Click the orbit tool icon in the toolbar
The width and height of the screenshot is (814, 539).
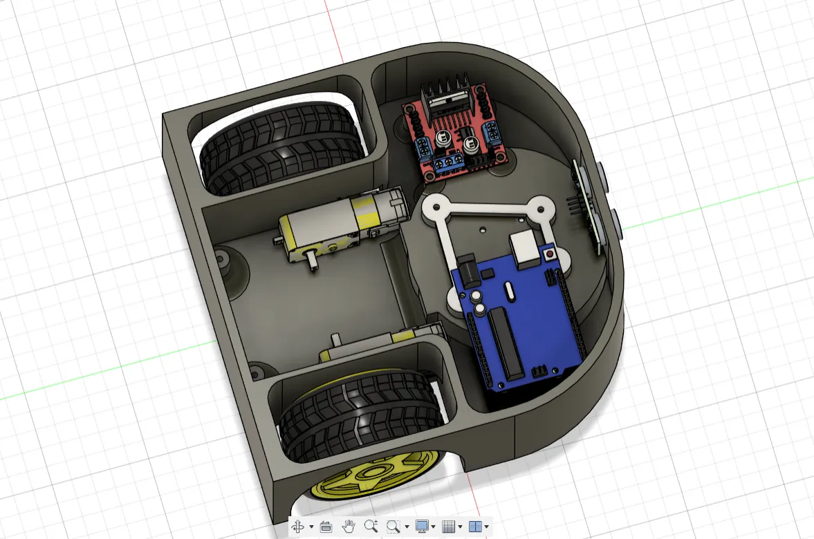298,527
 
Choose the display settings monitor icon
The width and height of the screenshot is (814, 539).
421,527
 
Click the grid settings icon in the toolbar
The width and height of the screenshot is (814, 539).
448,527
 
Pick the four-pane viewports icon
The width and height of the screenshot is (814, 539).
474,527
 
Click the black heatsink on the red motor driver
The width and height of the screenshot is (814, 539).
450,96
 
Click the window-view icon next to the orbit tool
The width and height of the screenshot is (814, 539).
326,527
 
